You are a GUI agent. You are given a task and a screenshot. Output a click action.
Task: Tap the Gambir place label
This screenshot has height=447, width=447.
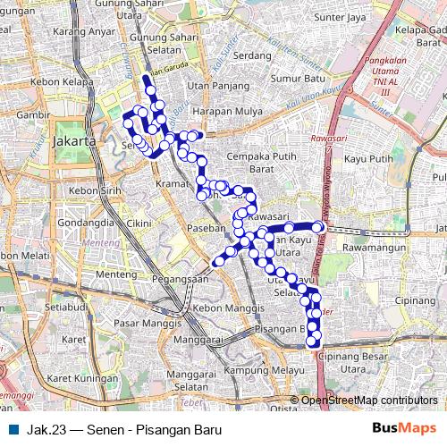coord(15,115)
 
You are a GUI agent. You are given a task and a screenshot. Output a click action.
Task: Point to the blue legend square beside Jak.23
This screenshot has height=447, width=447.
coord(13,429)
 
